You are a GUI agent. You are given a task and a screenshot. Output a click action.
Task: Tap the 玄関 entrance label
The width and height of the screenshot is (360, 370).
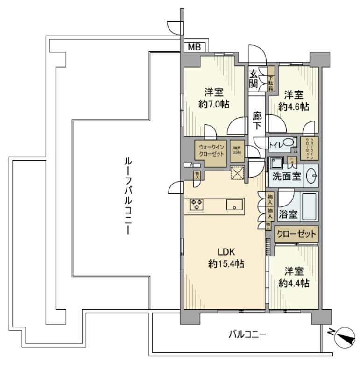[253, 78]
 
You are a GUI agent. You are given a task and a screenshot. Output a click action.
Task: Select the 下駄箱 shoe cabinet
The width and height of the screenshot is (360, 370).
[270, 78]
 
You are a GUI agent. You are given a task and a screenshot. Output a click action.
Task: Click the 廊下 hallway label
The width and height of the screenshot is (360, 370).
[256, 121]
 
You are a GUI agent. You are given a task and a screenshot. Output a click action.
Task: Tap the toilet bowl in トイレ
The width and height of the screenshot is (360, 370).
[289, 143]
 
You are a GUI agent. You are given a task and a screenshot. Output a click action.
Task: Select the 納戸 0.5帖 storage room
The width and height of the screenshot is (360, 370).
[237, 150]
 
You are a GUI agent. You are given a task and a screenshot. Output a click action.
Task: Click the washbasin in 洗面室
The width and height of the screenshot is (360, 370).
[312, 176]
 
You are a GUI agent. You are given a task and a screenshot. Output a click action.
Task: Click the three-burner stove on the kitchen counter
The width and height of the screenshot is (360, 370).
[197, 204]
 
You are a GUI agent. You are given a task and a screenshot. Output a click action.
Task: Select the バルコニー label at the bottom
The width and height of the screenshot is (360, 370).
[247, 334]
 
